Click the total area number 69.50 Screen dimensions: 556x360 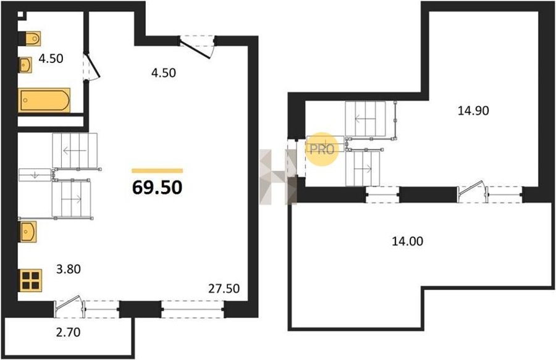point(157,188)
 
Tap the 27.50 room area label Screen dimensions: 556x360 point(224,289)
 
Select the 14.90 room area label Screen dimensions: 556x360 point(473,111)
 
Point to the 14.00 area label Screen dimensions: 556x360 point(408,241)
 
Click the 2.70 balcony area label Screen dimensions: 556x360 point(68,332)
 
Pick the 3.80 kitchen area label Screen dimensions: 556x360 point(69,269)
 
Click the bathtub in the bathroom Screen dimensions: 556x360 point(44,100)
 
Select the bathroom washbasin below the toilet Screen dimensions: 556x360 point(25,65)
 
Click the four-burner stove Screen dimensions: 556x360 point(30,280)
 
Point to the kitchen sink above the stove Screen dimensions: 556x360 point(27,232)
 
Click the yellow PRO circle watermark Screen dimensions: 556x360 point(322,149)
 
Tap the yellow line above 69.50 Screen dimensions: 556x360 point(158,171)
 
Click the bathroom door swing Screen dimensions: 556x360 point(92,67)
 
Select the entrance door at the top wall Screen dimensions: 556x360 point(196,46)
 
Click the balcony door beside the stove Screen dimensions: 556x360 point(69,306)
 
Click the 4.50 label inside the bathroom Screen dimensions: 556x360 point(51,59)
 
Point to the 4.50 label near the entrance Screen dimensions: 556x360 point(164,73)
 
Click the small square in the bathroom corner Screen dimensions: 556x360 point(21,15)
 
